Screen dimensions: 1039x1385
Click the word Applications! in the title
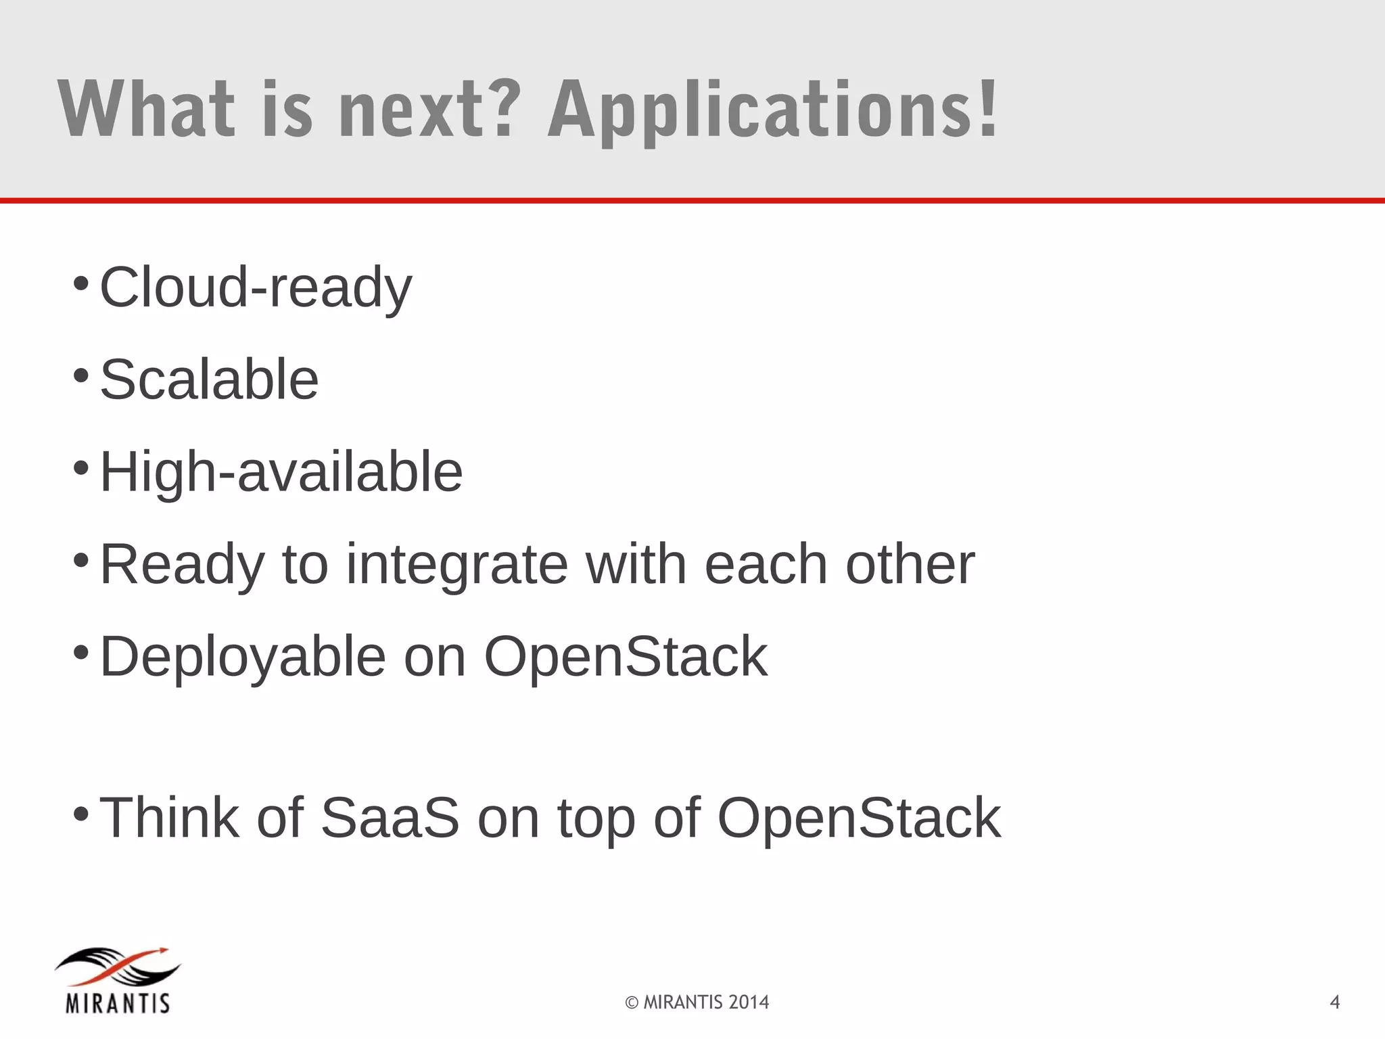click(772, 110)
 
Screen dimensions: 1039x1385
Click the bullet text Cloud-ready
click(256, 287)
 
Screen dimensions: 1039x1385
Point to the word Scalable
click(209, 379)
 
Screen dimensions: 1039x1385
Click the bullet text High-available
click(281, 471)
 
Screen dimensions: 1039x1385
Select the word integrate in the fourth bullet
click(457, 564)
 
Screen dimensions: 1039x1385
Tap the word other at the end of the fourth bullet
click(910, 564)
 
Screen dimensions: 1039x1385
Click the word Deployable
click(243, 657)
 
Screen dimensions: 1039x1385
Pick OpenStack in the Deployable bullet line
click(626, 657)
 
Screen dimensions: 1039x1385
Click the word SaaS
click(390, 818)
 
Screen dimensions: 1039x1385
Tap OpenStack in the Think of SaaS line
click(859, 818)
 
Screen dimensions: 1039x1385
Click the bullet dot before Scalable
click(80, 375)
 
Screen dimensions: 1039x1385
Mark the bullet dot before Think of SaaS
click(80, 813)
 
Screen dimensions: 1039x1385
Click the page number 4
click(1334, 1002)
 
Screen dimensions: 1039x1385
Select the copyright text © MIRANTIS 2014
click(697, 1002)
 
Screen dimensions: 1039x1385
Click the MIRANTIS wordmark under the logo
click(118, 1002)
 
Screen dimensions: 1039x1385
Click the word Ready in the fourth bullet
click(182, 564)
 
